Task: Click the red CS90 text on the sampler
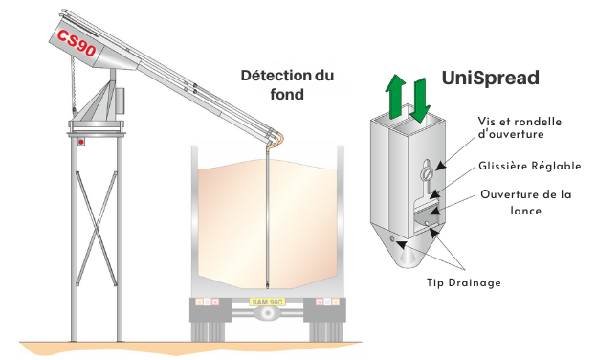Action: (x=77, y=42)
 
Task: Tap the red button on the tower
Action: (x=81, y=142)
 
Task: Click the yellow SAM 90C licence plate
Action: (x=267, y=303)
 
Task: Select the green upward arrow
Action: (x=395, y=96)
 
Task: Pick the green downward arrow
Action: (x=420, y=100)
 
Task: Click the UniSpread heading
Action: (x=491, y=78)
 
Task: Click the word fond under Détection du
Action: (x=287, y=94)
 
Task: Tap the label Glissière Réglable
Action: (x=530, y=166)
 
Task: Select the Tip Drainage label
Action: (x=463, y=282)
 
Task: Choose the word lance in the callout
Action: (x=525, y=211)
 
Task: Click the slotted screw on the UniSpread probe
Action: (x=426, y=174)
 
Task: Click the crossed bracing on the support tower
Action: (x=96, y=229)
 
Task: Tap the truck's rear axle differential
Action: (x=267, y=313)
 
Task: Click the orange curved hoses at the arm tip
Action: (x=277, y=138)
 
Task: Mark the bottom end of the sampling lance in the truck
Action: (x=268, y=287)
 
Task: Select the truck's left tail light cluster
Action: (x=207, y=303)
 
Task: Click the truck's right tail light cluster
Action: (x=327, y=303)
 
